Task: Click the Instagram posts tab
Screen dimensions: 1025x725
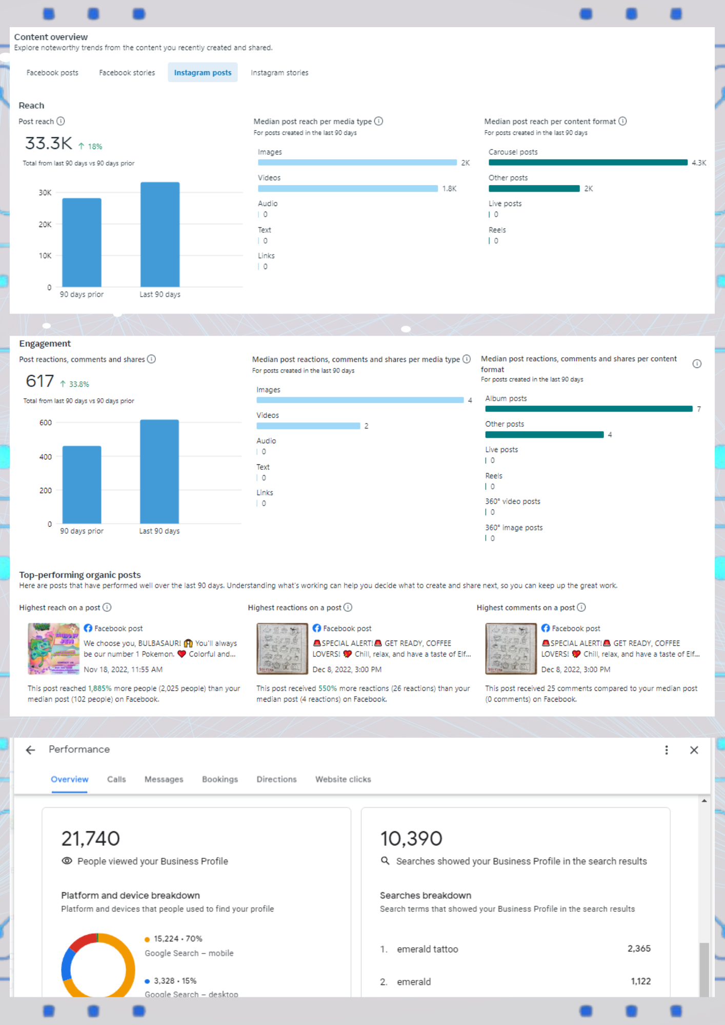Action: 203,73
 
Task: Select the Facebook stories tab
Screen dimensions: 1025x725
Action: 127,73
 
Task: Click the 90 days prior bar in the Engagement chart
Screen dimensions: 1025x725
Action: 82,484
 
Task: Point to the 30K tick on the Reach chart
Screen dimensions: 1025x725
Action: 45,193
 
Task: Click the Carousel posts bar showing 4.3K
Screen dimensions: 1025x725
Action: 588,162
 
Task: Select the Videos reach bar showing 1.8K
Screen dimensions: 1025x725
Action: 348,189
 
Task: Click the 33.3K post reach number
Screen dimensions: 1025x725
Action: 49,143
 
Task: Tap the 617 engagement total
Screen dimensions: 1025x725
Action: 40,381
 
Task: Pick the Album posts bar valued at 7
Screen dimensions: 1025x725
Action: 589,409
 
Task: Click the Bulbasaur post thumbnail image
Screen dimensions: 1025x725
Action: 53,648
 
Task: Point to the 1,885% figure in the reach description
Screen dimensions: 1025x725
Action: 99,688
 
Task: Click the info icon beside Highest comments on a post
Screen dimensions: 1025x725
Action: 581,607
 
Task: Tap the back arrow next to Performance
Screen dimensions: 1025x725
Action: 31,750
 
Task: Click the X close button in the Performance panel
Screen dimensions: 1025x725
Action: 694,750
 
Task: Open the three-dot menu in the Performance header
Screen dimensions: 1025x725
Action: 667,750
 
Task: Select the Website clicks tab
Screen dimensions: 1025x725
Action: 343,779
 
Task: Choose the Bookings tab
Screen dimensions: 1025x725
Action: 220,779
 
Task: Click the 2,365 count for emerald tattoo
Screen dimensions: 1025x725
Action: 639,949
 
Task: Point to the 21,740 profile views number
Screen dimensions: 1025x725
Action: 91,838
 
